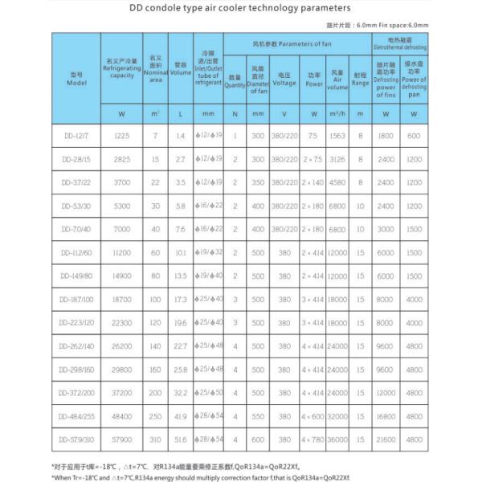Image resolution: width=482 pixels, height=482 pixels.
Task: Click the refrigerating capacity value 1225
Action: click(121, 136)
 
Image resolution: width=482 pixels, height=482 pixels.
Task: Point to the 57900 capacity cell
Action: click(121, 439)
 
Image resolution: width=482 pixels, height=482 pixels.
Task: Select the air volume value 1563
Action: click(337, 136)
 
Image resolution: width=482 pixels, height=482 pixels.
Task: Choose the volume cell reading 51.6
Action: click(181, 439)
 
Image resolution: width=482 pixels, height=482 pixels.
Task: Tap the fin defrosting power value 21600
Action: click(387, 439)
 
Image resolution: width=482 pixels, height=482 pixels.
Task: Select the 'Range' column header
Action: click(361, 82)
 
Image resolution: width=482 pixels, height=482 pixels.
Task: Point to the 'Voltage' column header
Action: click(284, 82)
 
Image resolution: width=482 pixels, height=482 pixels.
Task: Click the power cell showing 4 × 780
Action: click(312, 439)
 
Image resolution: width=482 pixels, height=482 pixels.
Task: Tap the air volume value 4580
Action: click(337, 182)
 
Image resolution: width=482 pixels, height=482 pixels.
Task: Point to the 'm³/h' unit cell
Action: click(337, 114)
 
